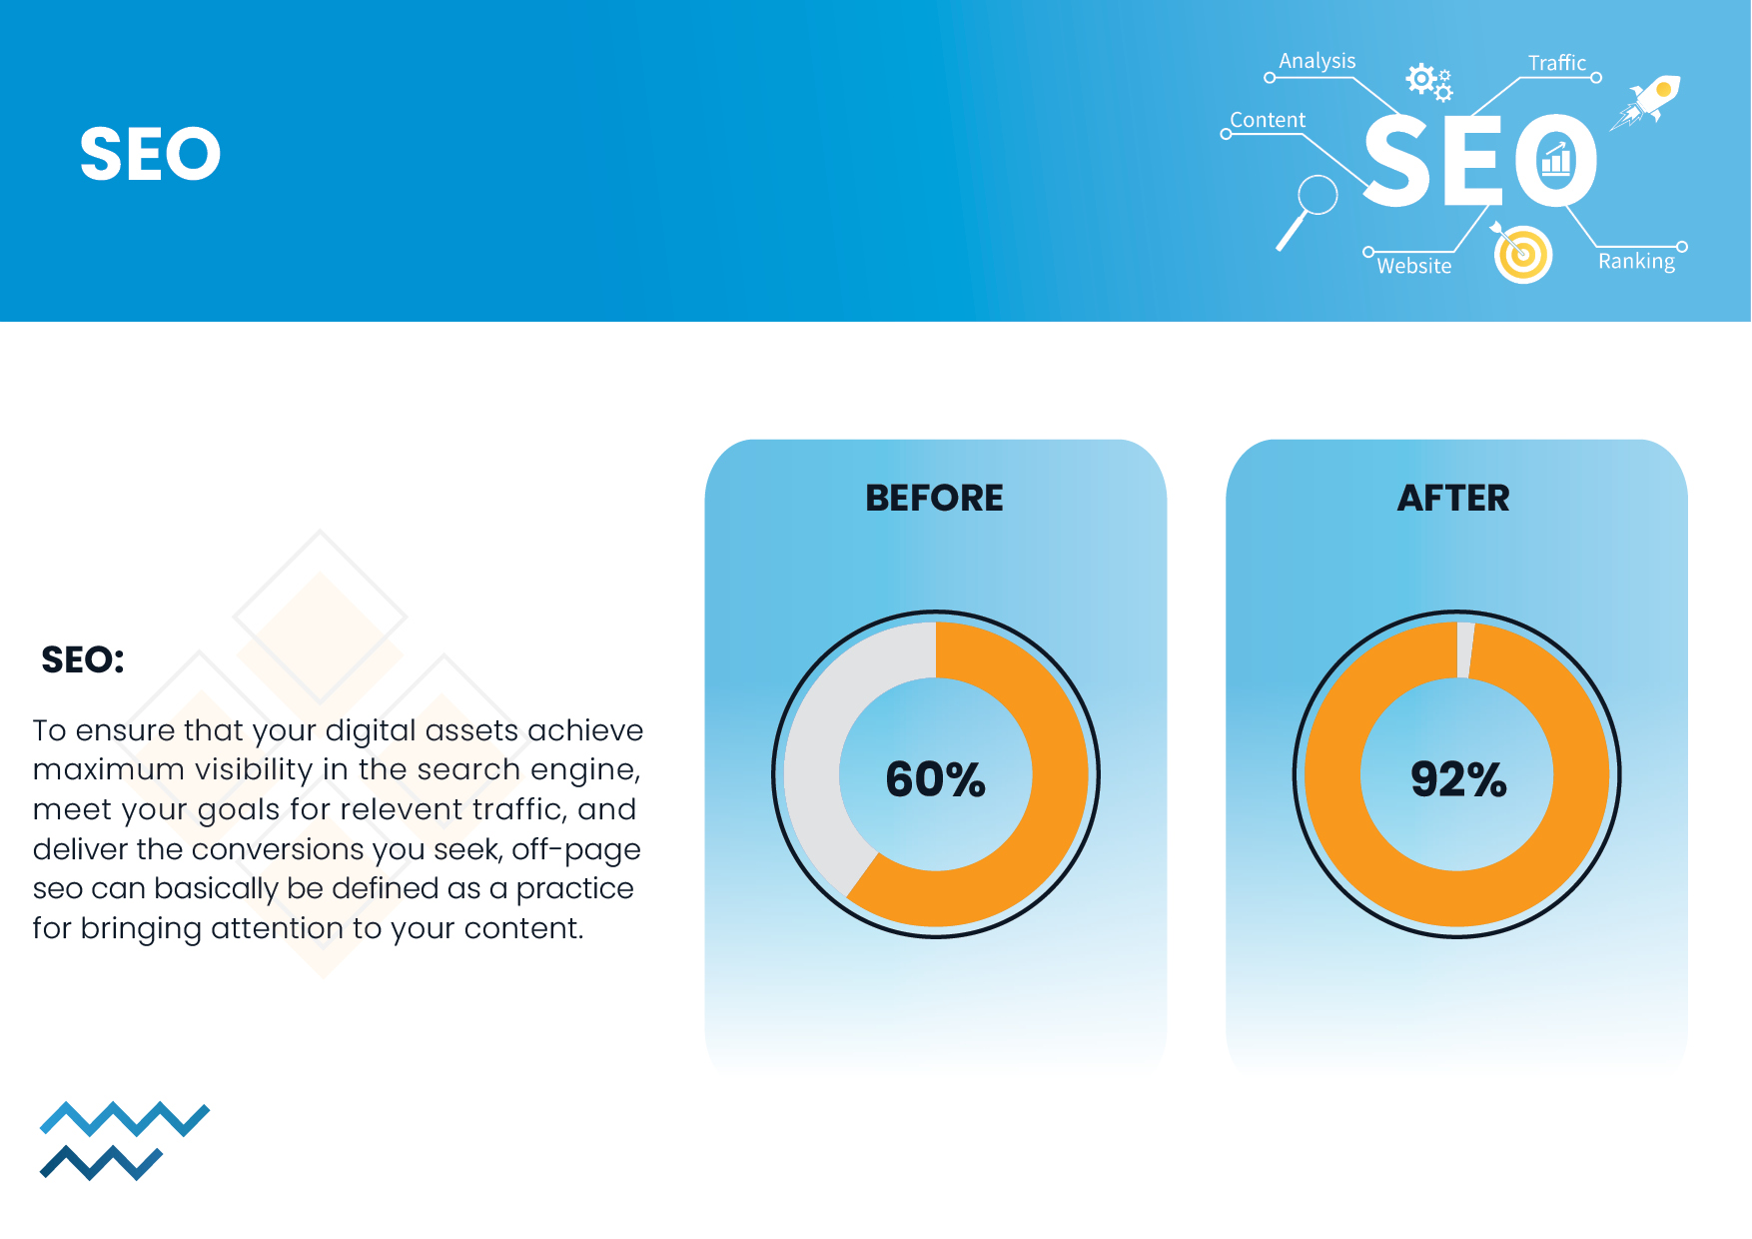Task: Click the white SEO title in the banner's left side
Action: pos(150,154)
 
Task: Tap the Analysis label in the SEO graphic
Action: pos(1316,61)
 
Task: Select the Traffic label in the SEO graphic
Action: pos(1556,63)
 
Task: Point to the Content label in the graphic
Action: pos(1268,120)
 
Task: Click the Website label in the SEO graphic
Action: pos(1413,266)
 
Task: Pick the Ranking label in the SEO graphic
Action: pos(1636,262)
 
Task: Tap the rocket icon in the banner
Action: pos(1646,101)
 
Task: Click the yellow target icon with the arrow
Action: pos(1520,253)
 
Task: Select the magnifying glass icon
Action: pos(1308,211)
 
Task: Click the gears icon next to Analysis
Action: pos(1429,82)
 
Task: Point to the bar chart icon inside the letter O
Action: pos(1555,159)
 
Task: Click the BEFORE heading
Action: pos(934,498)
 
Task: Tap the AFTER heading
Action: pos(1453,498)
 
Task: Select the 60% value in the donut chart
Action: pos(936,779)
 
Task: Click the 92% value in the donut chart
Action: pos(1458,779)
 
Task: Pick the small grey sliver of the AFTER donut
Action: pos(1464,649)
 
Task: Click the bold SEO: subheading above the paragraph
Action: pos(83,660)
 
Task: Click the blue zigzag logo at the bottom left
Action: pos(125,1141)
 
